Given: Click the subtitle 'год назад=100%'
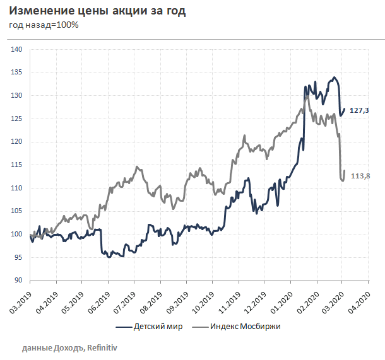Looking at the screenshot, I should pyautogui.click(x=44, y=25).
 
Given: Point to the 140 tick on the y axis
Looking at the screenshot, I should pyautogui.click(x=18, y=49).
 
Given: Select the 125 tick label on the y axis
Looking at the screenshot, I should pyautogui.click(x=18, y=119).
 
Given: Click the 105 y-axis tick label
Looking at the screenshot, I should pyautogui.click(x=18, y=211).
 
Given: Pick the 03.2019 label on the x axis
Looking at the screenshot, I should pyautogui.click(x=20, y=302).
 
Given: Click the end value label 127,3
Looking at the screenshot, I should pyautogui.click(x=359, y=111).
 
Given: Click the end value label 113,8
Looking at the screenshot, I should pyautogui.click(x=360, y=176).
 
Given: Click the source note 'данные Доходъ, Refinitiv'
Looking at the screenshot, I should pyautogui.click(x=70, y=347).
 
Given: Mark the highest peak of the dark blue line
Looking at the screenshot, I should pyautogui.click(x=335, y=78).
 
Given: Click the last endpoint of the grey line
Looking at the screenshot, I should pyautogui.click(x=344, y=171).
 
